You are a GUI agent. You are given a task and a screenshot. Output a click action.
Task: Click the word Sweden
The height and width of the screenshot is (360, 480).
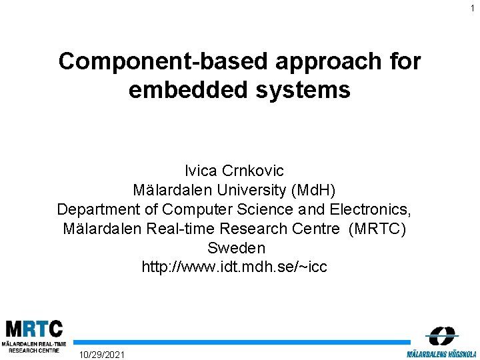coord(236,248)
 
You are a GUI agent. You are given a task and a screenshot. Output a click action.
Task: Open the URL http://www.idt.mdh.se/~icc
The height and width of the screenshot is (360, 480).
coord(235,267)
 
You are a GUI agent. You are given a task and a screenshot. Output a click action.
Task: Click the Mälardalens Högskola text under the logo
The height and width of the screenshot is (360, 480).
coord(441,353)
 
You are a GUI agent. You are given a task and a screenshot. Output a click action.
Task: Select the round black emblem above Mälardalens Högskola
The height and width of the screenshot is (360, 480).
coord(441,336)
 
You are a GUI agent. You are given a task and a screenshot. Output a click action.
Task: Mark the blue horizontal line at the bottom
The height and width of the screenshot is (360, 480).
coord(240,342)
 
